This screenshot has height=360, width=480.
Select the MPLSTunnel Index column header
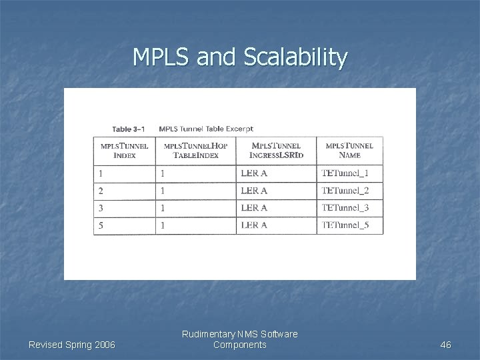pos(124,150)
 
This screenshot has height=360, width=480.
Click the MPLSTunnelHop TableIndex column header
pos(195,150)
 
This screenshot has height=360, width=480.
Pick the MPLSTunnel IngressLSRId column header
pos(276,150)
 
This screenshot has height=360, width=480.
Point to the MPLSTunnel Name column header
pos(349,150)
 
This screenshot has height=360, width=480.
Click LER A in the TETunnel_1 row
pos(254,173)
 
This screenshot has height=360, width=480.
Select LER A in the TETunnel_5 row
pos(254,225)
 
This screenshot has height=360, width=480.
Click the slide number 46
pos(446,345)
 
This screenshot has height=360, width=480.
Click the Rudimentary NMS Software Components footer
pos(239,339)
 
